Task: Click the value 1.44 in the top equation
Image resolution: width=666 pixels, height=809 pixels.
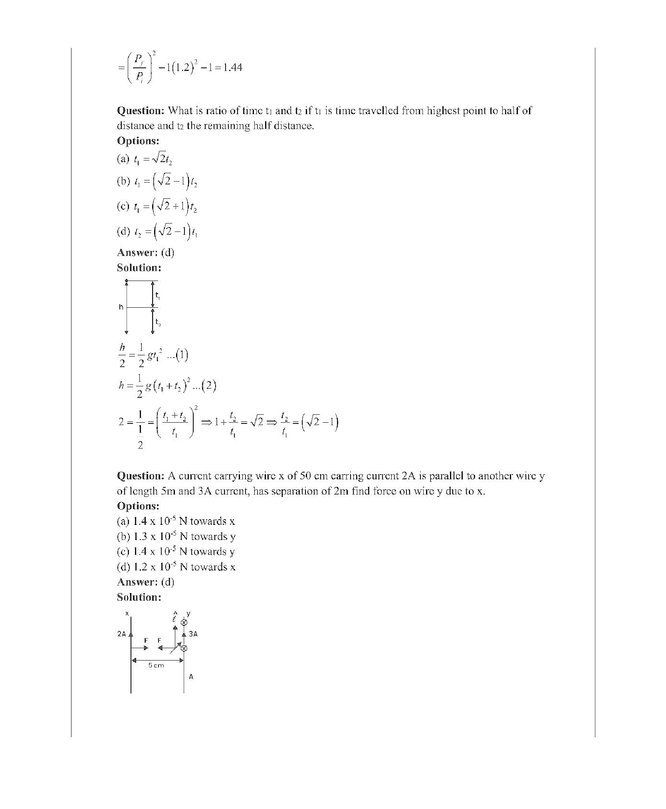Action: [232, 67]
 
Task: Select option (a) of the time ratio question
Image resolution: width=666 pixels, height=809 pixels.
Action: [145, 159]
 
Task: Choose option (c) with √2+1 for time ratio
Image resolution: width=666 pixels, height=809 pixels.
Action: [157, 206]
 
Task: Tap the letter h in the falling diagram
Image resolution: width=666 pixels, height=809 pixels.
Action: [121, 307]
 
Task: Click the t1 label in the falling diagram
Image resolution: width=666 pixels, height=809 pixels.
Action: [158, 296]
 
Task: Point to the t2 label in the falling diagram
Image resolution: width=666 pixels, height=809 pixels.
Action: [158, 322]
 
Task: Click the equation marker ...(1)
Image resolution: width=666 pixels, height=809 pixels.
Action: [177, 355]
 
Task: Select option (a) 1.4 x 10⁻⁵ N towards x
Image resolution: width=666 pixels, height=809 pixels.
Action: [176, 521]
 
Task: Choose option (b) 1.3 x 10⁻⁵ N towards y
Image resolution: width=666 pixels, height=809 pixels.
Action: [176, 536]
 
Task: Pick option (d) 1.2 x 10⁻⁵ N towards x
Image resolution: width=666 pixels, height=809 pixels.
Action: [176, 567]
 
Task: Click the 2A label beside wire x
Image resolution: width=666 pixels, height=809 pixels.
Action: [122, 634]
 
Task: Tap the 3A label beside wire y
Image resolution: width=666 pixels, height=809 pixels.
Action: [193, 634]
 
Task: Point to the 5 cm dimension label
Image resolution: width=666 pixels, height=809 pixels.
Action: [156, 665]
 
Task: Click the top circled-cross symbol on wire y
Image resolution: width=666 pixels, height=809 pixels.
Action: [184, 623]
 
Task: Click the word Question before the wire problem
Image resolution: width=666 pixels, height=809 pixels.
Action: [140, 476]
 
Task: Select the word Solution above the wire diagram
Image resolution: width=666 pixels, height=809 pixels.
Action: [139, 597]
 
